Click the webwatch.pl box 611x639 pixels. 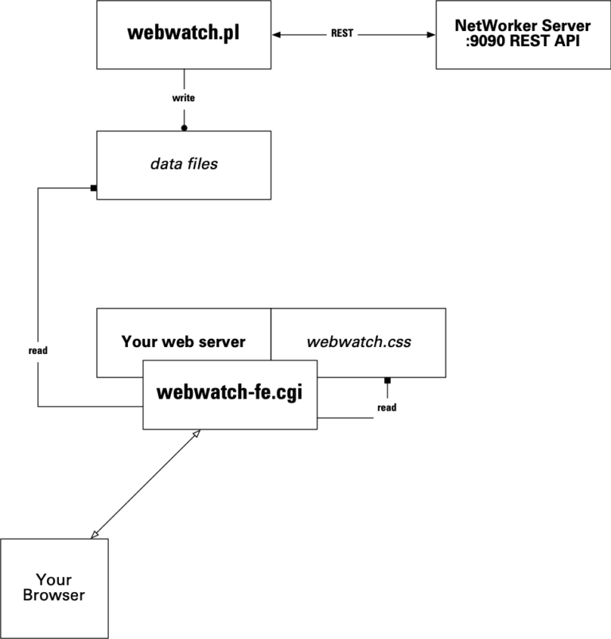pyautogui.click(x=184, y=35)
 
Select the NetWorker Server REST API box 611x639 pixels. pyautogui.click(x=523, y=35)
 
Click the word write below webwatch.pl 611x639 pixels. pyautogui.click(x=184, y=98)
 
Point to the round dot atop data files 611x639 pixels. pyautogui.click(x=184, y=127)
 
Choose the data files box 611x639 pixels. pyautogui.click(x=184, y=165)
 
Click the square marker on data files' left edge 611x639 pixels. pyautogui.click(x=94, y=189)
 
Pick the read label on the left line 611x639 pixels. pyautogui.click(x=38, y=349)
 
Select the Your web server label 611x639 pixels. pyautogui.click(x=184, y=342)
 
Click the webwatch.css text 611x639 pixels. pyautogui.click(x=358, y=342)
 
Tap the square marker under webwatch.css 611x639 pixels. pyautogui.click(x=387, y=380)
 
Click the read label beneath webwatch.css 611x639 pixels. pyautogui.click(x=387, y=407)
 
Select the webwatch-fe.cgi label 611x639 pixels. pyautogui.click(x=230, y=392)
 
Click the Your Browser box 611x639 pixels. pyautogui.click(x=54, y=588)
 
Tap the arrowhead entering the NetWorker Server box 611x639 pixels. pyautogui.click(x=430, y=35)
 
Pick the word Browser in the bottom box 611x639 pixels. pyautogui.click(x=54, y=595)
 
